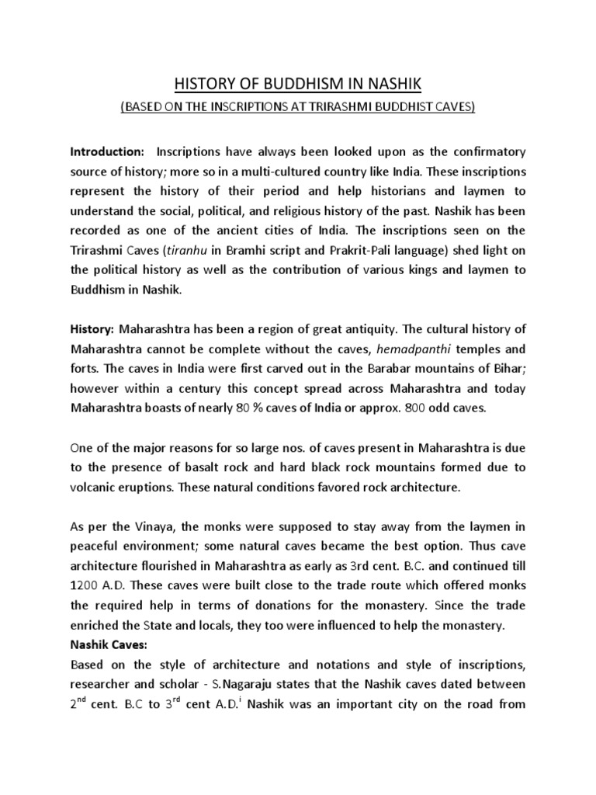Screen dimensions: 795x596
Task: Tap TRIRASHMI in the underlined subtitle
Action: point(342,107)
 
